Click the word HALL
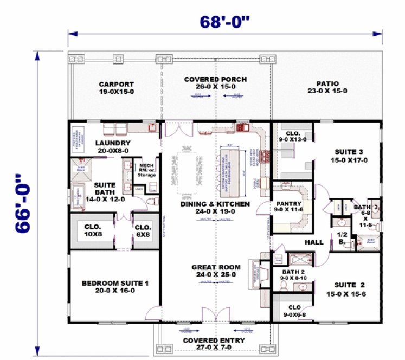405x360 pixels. tap(313, 243)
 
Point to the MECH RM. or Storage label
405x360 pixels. tap(147, 170)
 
